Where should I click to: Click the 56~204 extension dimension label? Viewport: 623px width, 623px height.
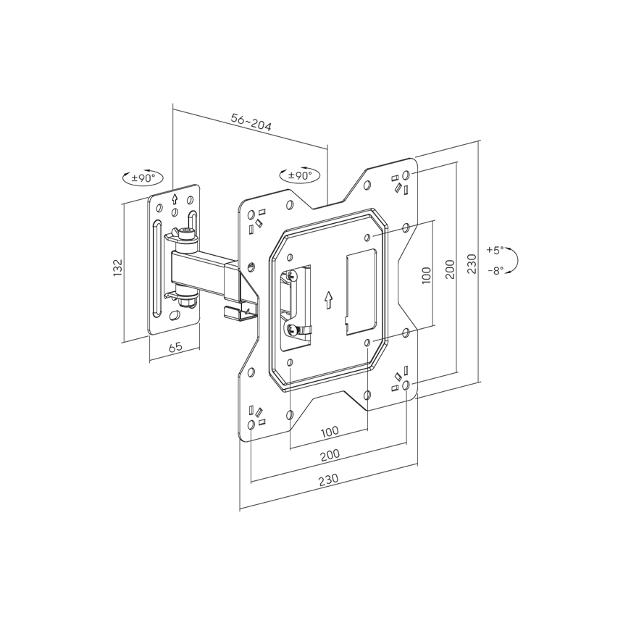pyautogui.click(x=251, y=122)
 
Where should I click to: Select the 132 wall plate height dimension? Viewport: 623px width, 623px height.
pyautogui.click(x=118, y=267)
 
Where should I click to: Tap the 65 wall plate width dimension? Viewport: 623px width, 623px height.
pyautogui.click(x=175, y=347)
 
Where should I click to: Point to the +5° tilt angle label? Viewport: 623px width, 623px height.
pyautogui.click(x=494, y=249)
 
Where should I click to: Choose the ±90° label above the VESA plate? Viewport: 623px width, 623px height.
pyautogui.click(x=299, y=175)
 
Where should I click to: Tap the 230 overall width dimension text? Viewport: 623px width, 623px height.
pyautogui.click(x=328, y=479)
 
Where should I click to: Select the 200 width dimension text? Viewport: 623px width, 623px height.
pyautogui.click(x=329, y=454)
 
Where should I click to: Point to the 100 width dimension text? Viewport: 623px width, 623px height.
pyautogui.click(x=329, y=431)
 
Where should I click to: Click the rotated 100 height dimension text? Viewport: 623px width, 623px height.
pyautogui.click(x=426, y=275)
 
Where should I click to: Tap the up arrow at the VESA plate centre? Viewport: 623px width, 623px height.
pyautogui.click(x=328, y=299)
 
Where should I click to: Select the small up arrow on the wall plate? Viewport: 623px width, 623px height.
pyautogui.click(x=174, y=198)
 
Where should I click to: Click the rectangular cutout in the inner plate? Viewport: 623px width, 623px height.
pyautogui.click(x=361, y=293)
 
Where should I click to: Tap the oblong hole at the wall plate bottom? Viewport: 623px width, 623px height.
pyautogui.click(x=175, y=317)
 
